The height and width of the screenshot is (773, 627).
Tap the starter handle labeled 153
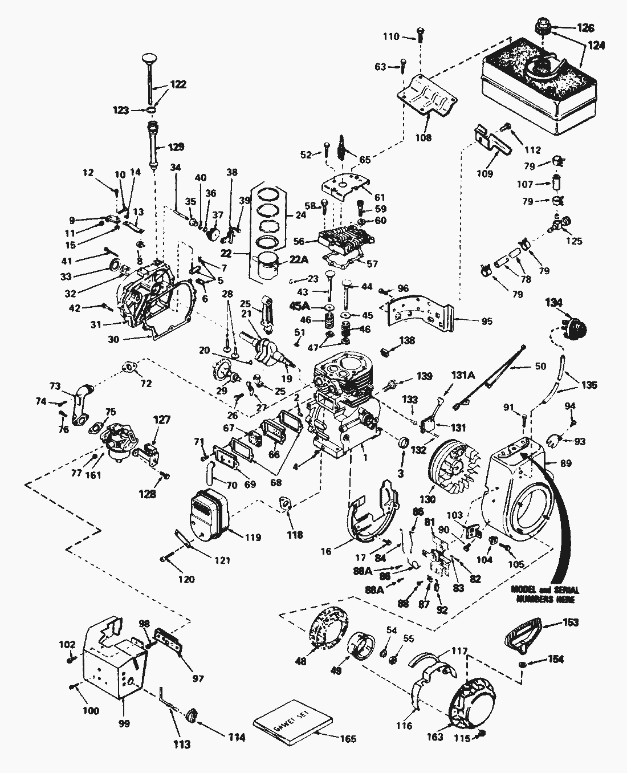[x=521, y=633]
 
